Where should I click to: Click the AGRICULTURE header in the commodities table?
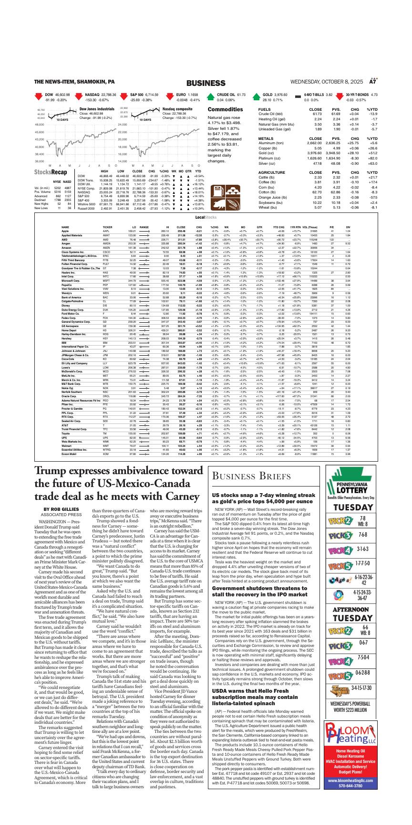(272, 172)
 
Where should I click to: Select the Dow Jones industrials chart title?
(97, 109)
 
